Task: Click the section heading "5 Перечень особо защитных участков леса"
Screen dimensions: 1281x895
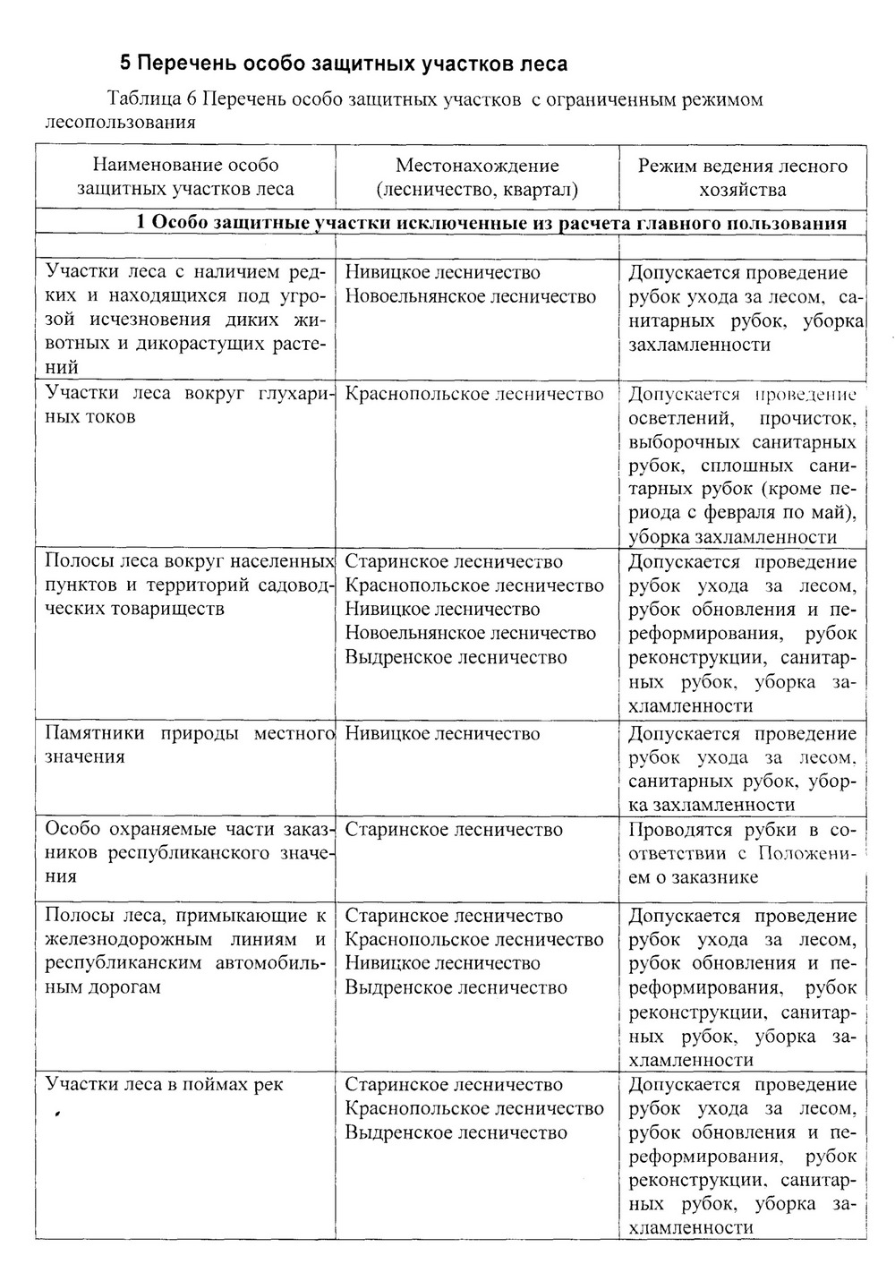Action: tap(344, 64)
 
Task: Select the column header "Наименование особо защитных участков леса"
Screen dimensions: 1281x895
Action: tap(185, 176)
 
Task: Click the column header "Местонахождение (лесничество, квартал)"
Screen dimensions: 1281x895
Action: tap(477, 176)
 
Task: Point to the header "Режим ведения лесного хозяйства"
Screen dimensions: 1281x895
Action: tap(742, 176)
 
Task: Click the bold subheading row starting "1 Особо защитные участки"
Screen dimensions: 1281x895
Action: tap(491, 223)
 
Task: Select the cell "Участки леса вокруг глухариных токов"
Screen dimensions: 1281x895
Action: tap(185, 406)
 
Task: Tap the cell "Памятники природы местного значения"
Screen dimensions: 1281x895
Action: tap(185, 745)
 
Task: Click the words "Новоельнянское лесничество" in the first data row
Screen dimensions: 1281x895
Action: tap(470, 296)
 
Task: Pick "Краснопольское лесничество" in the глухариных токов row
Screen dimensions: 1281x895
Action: tap(474, 394)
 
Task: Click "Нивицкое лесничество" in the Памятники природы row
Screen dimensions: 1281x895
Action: tap(442, 733)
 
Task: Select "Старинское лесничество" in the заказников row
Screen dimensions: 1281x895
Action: tap(454, 829)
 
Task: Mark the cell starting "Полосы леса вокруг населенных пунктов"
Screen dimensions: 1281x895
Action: tap(185, 585)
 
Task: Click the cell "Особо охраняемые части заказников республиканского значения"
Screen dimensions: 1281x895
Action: tap(185, 852)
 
